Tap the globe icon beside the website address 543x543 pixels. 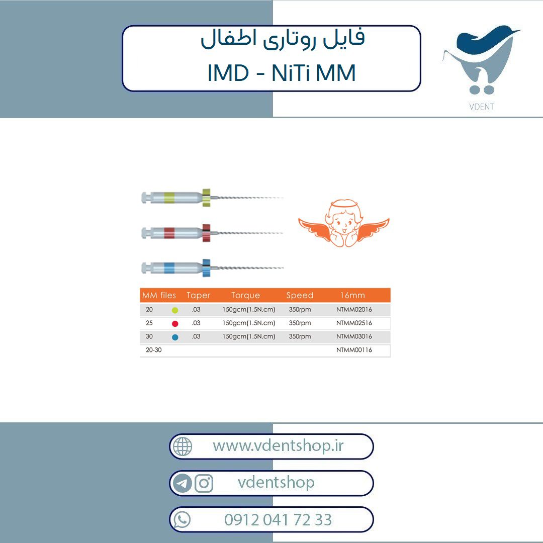click(x=183, y=446)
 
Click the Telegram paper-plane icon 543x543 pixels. click(x=183, y=483)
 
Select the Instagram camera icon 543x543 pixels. click(x=204, y=483)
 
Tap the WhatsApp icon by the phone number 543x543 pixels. click(x=182, y=519)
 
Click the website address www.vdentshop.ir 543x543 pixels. click(x=278, y=445)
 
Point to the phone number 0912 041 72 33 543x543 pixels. click(x=278, y=519)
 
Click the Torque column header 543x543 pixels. click(x=245, y=296)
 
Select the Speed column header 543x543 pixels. click(x=300, y=296)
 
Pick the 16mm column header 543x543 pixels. click(x=352, y=296)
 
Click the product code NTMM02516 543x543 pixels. click(x=354, y=323)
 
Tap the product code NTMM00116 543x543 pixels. click(x=354, y=350)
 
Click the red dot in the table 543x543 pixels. click(x=175, y=324)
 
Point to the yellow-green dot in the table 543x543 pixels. click(x=175, y=310)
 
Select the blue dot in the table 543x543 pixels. click(x=175, y=337)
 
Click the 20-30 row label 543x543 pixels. click(x=154, y=350)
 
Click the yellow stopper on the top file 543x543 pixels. click(x=207, y=198)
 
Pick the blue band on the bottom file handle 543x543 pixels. click(x=169, y=268)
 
